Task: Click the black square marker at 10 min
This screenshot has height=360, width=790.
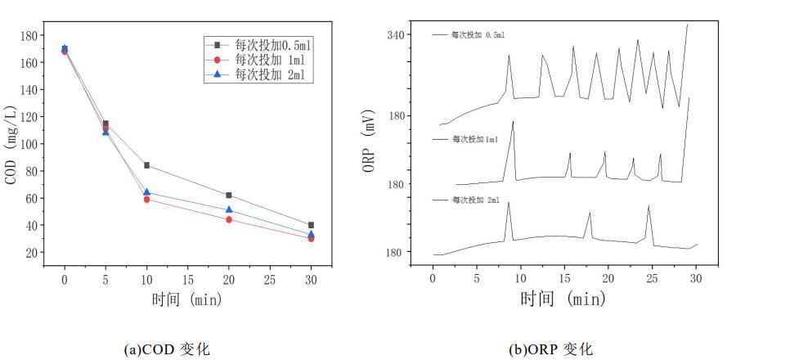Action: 146,165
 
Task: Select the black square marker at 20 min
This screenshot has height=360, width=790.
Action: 229,195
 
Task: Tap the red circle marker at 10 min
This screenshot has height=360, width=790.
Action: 146,200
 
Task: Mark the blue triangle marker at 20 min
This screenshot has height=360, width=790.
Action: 229,210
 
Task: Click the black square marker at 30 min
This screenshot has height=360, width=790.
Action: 311,225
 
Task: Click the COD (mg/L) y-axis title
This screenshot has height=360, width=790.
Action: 11,144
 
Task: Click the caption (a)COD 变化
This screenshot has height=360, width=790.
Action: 166,349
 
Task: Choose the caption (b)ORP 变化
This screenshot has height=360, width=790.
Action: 550,349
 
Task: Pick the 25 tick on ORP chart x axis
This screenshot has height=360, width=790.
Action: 652,279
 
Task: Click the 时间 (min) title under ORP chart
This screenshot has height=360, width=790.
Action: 563,299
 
